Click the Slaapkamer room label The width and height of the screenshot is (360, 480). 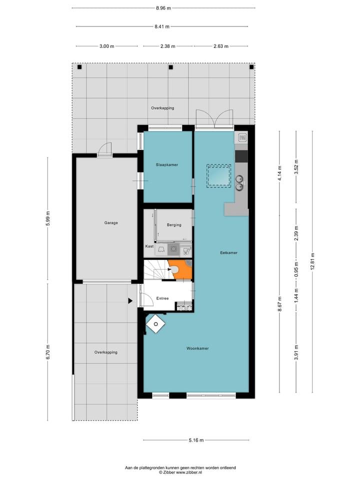click(x=166, y=164)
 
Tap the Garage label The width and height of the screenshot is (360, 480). click(x=111, y=223)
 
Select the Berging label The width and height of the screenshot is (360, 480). click(x=174, y=225)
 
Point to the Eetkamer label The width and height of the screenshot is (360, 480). click(x=228, y=253)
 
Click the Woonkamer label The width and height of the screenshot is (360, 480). click(x=197, y=348)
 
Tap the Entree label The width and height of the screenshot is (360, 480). click(x=162, y=298)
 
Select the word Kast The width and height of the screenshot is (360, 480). click(x=149, y=246)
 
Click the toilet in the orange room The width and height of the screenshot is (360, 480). click(x=175, y=269)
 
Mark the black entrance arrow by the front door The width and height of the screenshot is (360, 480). click(x=130, y=301)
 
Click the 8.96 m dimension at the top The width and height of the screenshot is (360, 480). click(x=163, y=8)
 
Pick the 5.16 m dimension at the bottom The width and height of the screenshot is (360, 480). click(x=196, y=440)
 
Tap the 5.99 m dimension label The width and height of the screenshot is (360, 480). click(x=48, y=218)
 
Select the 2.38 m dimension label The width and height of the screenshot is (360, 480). click(x=167, y=46)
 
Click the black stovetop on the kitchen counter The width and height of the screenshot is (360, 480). click(x=241, y=156)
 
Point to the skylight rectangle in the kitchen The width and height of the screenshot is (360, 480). click(x=218, y=176)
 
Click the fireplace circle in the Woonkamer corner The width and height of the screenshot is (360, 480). click(x=156, y=324)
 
